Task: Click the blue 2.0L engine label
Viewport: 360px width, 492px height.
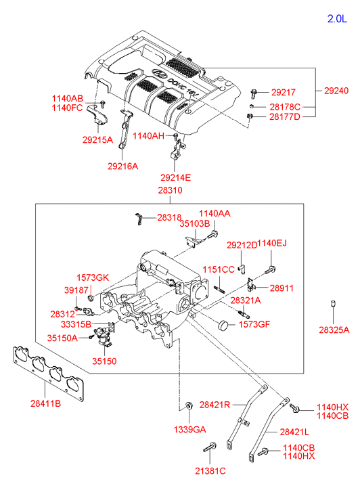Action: (x=338, y=19)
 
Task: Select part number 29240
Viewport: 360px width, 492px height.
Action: (x=336, y=91)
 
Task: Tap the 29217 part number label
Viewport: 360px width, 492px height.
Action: (x=284, y=93)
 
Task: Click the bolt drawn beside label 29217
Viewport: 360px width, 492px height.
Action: (x=254, y=93)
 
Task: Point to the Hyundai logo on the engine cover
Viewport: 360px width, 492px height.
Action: (x=159, y=74)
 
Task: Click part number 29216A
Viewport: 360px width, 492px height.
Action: (x=122, y=166)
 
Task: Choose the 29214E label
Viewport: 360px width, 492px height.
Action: (x=175, y=178)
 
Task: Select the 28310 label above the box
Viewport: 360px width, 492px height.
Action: (x=170, y=190)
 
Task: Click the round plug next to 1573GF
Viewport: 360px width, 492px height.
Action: (x=223, y=326)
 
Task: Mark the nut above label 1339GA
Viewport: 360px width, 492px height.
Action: (x=189, y=405)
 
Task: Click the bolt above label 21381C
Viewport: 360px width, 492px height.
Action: (x=209, y=447)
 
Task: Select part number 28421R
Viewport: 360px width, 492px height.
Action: (x=215, y=405)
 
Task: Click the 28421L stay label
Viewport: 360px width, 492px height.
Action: (x=294, y=432)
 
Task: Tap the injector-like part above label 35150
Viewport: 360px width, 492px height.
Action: (x=103, y=336)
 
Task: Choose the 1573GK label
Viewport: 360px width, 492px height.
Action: (x=93, y=277)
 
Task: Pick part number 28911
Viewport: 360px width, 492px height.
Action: (x=282, y=288)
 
